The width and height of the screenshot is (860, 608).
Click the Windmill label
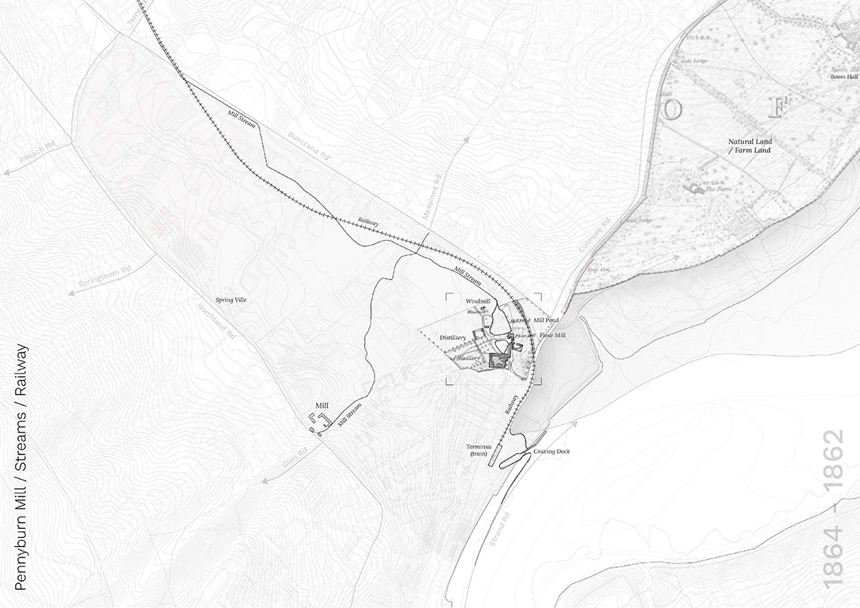478,301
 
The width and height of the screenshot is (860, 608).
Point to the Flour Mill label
551,335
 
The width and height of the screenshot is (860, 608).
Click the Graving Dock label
552,451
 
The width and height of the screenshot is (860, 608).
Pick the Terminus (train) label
477,451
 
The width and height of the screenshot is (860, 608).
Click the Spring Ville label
231,300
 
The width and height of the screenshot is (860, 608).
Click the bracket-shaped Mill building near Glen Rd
318,421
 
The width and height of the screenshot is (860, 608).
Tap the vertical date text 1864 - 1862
834,510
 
